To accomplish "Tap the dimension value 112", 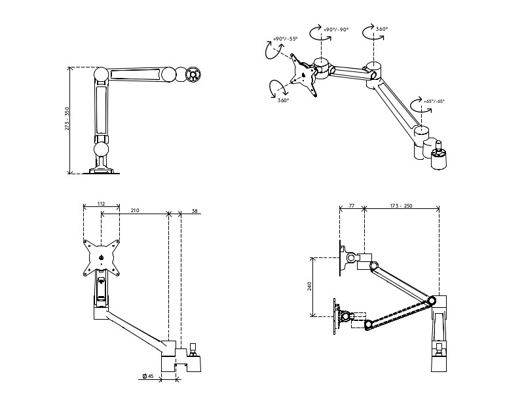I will (102, 204).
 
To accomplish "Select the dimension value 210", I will (135, 210).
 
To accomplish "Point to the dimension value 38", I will (195, 210).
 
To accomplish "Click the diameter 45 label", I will (147, 376).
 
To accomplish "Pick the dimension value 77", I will (352, 206).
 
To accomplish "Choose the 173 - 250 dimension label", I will (401, 206).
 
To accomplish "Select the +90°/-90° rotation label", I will (337, 29).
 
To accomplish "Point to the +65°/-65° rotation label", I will (434, 102).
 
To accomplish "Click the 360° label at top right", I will (382, 29).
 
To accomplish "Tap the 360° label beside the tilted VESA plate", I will (283, 101).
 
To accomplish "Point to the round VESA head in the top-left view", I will (193, 75).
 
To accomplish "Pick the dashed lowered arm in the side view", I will (400, 312).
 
